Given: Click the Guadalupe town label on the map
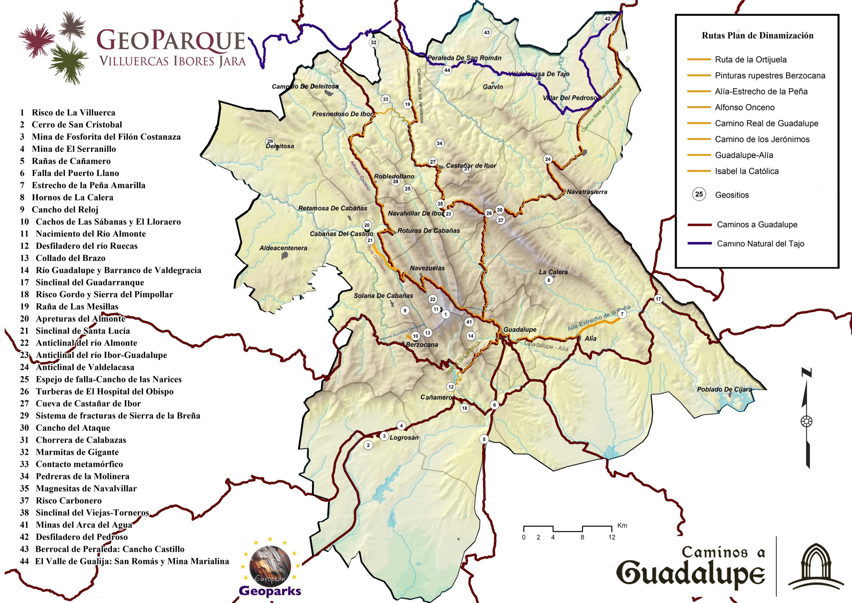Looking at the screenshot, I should (520, 330).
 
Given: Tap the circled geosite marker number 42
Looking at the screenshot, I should (607, 19).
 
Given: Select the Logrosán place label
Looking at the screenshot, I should (404, 438).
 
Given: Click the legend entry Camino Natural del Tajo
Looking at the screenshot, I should (760, 244).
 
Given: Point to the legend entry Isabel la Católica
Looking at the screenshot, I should (746, 171).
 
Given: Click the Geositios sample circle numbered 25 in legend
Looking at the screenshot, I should (699, 194).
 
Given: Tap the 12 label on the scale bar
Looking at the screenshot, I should (612, 537).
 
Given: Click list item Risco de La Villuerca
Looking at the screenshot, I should (73, 112).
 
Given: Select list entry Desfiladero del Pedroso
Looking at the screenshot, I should (82, 537).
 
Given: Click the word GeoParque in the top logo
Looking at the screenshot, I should (171, 41).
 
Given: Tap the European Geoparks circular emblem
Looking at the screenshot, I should (270, 566).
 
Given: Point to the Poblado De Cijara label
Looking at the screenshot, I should (724, 390).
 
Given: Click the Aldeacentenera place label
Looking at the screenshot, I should (283, 248).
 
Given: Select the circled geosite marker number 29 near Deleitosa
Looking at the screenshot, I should (270, 141).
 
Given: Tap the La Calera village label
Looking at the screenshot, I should (553, 272).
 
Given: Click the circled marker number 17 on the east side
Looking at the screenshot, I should (658, 299).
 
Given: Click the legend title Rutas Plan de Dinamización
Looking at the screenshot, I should (757, 36).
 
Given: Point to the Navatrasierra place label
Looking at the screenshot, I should (587, 192).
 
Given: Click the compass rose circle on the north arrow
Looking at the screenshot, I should (806, 421).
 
